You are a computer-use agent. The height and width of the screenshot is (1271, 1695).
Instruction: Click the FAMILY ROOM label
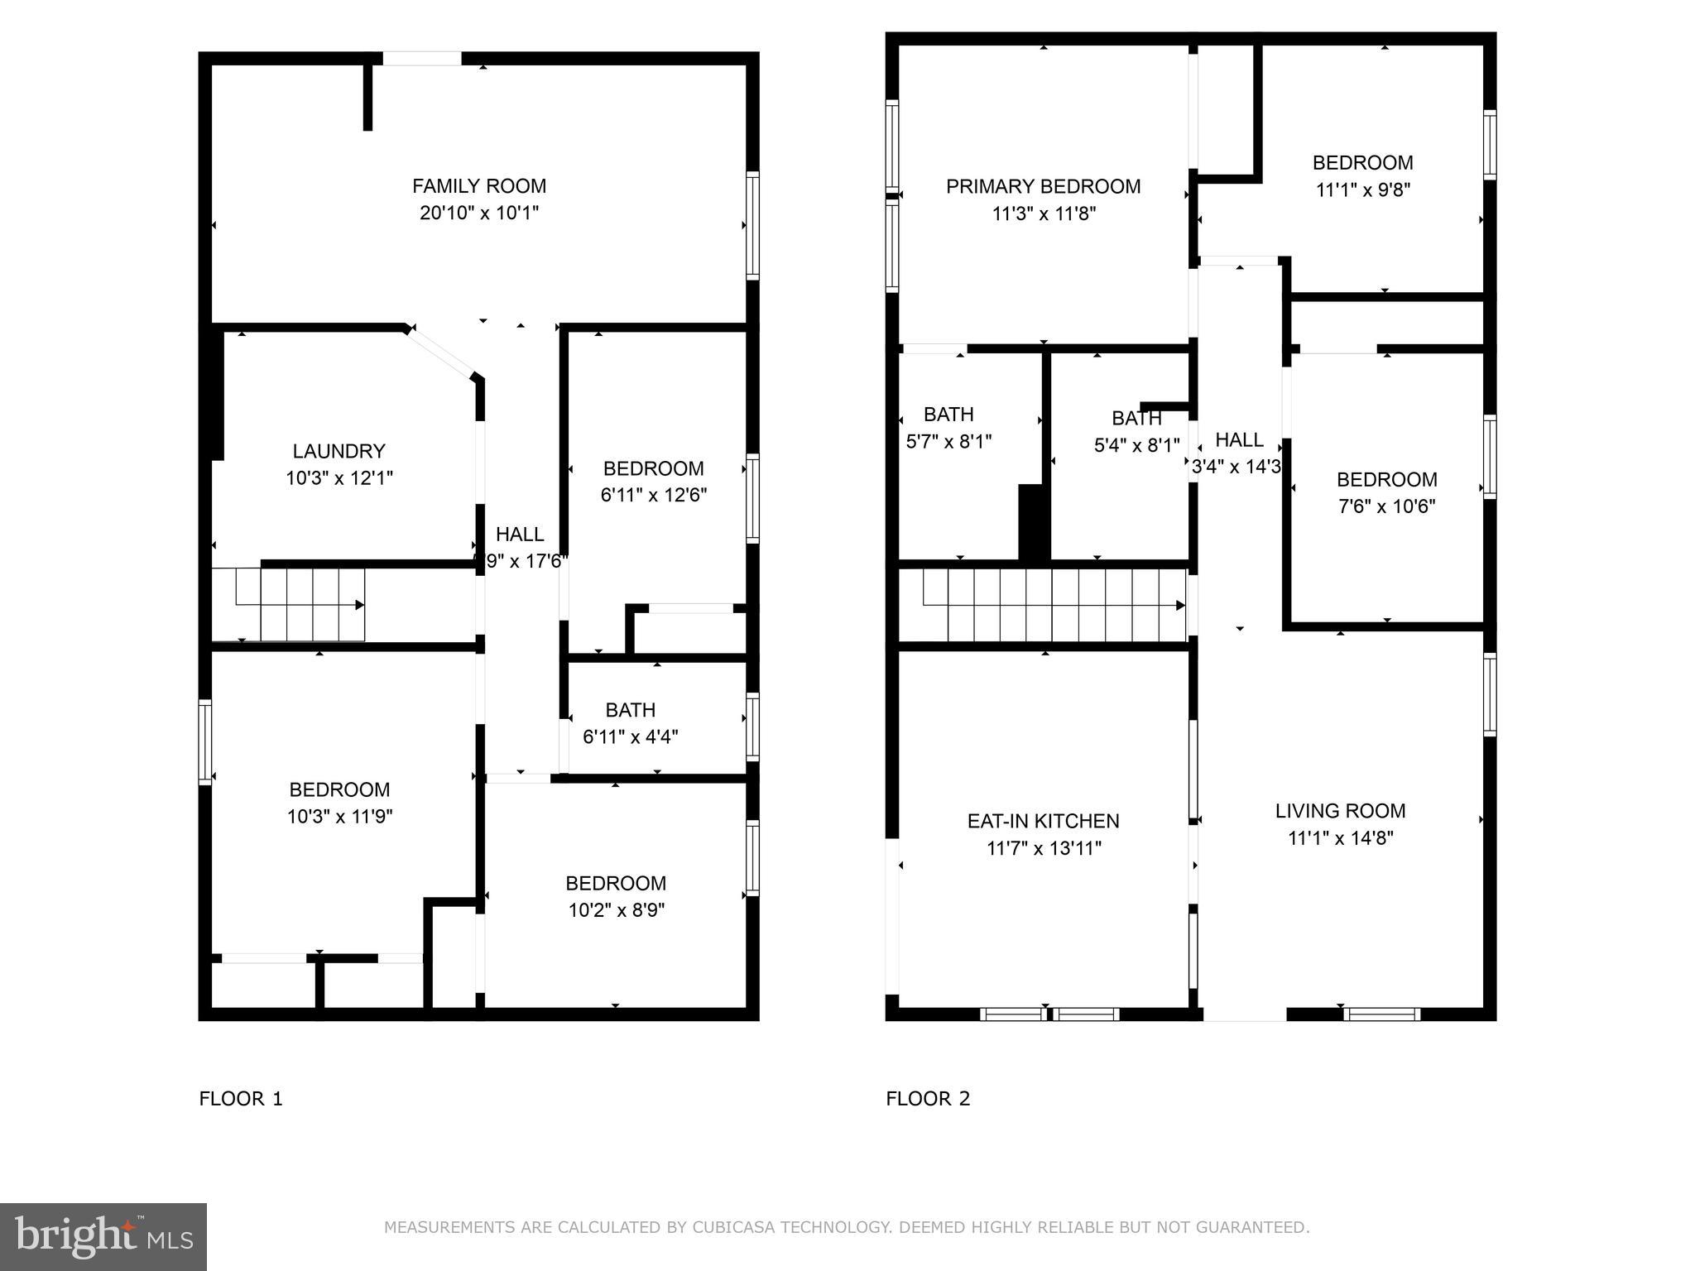coord(479,186)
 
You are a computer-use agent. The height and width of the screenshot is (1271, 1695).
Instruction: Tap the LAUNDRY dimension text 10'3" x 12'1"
coord(339,478)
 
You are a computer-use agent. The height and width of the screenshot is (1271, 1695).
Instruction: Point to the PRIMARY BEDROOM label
coord(1043,187)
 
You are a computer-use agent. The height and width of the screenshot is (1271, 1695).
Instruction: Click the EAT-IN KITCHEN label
coord(1043,821)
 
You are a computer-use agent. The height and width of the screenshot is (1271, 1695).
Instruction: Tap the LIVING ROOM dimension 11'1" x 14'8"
coord(1340,838)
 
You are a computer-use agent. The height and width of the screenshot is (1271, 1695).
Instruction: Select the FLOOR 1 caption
coord(241,1099)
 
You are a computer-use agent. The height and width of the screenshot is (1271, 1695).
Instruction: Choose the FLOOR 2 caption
coord(928,1099)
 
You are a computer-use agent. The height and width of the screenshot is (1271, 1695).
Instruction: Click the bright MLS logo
coord(103,1236)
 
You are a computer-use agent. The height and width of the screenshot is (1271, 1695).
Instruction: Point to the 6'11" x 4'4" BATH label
coord(631,710)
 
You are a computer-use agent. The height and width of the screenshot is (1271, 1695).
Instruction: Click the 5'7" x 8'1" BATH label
coord(948,415)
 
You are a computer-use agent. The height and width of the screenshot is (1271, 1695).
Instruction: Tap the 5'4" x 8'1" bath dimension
coord(1136,446)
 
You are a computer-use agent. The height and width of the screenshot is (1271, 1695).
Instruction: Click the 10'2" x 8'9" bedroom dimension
coord(616,910)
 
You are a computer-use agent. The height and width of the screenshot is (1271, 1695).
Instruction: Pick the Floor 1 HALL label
coord(520,535)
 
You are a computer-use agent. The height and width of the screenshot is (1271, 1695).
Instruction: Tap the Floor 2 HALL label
coord(1239,440)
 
